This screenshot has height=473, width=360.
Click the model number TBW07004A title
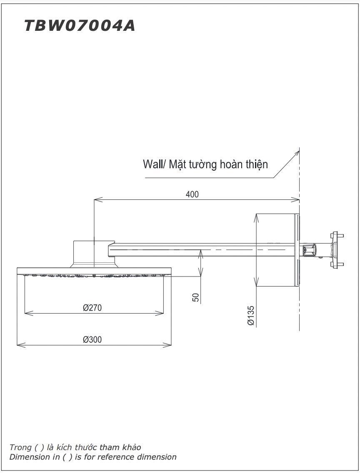point(80,26)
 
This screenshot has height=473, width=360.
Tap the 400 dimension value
point(192,194)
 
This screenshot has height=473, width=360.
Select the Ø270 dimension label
point(92,308)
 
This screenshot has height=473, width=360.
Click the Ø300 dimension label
point(92,339)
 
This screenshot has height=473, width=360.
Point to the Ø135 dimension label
point(250,316)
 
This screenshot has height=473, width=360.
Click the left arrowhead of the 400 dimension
point(97,200)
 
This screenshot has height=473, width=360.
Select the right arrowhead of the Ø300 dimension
point(169,345)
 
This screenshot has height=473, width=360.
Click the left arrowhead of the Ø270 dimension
point(27,312)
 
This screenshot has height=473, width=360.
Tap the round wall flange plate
point(297,250)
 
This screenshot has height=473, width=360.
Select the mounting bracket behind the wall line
point(335,250)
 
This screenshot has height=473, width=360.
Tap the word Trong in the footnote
point(20,447)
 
